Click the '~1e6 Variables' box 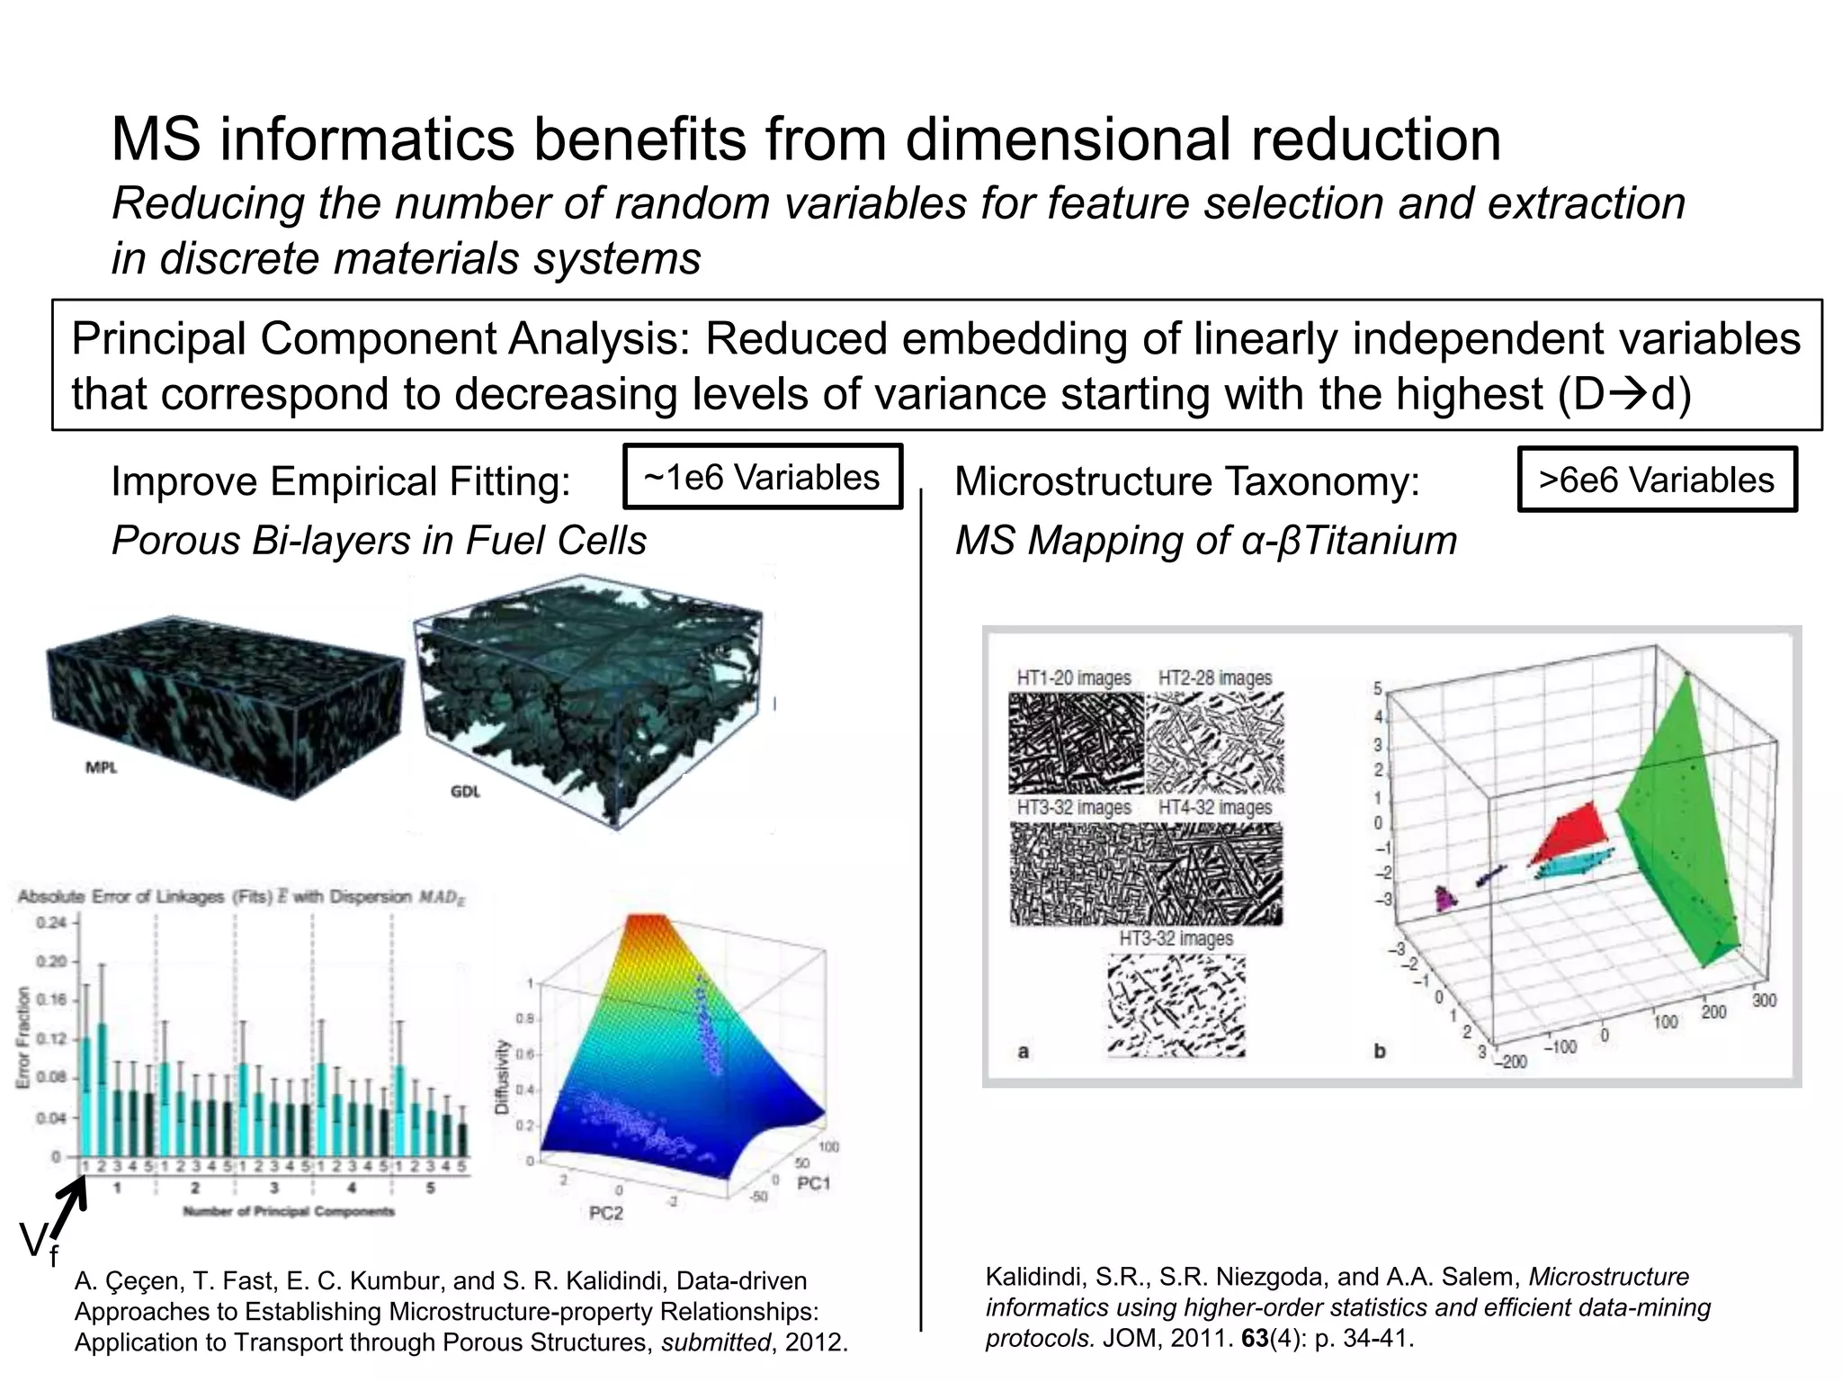pyautogui.click(x=762, y=477)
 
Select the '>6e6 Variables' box pyautogui.click(x=1656, y=480)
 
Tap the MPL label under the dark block pyautogui.click(x=101, y=767)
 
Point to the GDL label pyautogui.click(x=465, y=792)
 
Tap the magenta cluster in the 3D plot pyautogui.click(x=1444, y=898)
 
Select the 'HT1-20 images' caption pyautogui.click(x=1073, y=678)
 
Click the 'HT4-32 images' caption pyautogui.click(x=1215, y=807)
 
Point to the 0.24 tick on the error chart pyautogui.click(x=51, y=922)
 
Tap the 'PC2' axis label pyautogui.click(x=605, y=1213)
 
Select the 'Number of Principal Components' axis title pyautogui.click(x=289, y=1211)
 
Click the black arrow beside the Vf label pyautogui.click(x=67, y=1209)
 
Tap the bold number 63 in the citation pyautogui.click(x=1254, y=1338)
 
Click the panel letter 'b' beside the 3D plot pyautogui.click(x=1379, y=1050)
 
